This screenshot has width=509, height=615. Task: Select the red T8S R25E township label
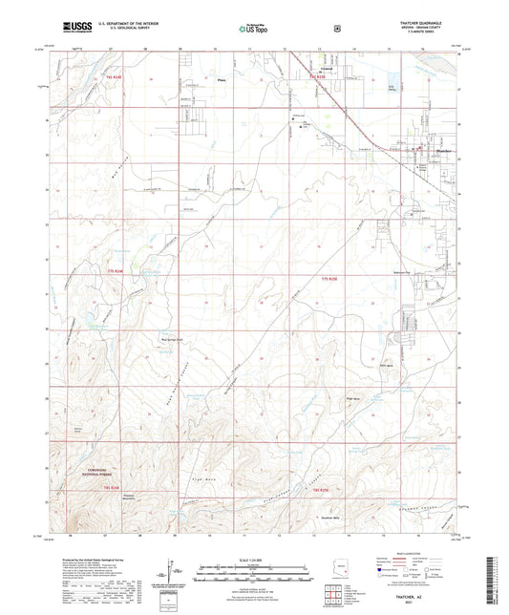[321, 490]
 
